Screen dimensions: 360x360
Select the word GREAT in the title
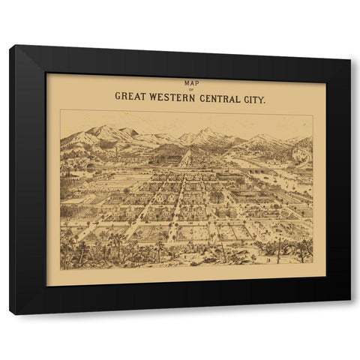[132, 96]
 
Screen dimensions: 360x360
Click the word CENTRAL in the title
[224, 96]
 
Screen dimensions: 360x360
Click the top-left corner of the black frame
[11, 46]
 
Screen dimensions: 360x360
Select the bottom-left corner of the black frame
[11, 313]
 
